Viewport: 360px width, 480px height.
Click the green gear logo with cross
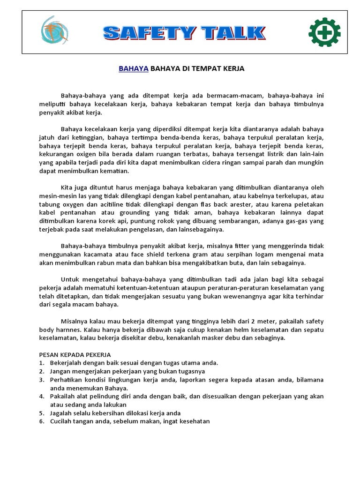tap(324, 32)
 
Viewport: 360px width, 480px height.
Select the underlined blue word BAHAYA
tap(134, 68)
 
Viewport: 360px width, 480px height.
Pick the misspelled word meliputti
tap(53, 104)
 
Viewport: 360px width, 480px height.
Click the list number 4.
tap(41, 396)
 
